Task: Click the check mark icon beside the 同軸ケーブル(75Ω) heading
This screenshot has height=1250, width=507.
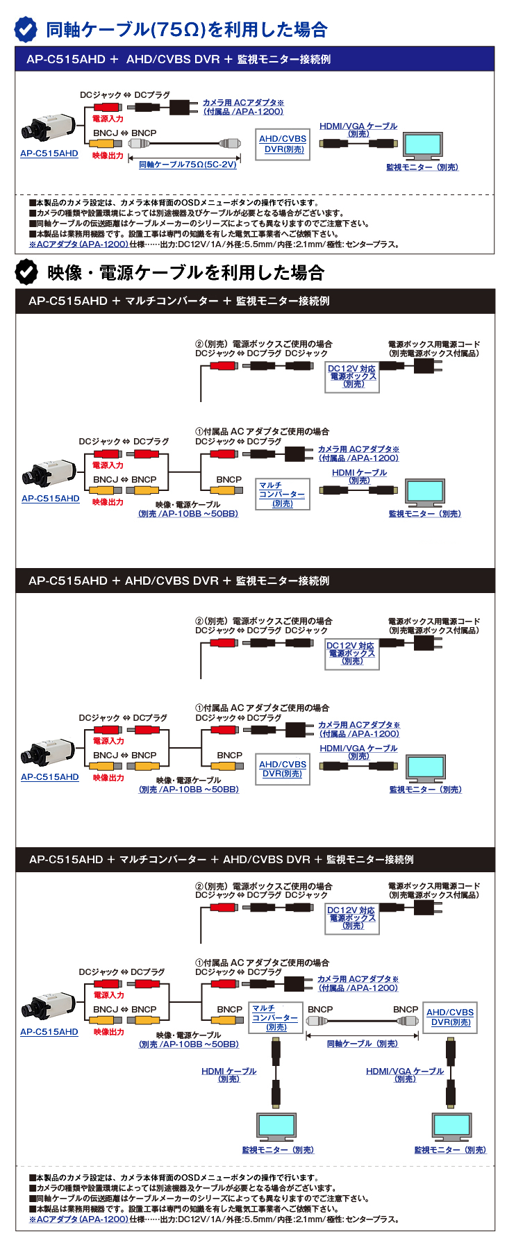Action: tap(26, 30)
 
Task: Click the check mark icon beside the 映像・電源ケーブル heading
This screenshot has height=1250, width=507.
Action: tap(26, 272)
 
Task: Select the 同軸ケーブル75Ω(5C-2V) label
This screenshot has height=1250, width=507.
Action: tap(188, 165)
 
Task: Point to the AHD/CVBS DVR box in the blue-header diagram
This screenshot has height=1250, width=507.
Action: tap(283, 144)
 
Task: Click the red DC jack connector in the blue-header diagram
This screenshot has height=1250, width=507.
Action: tap(107, 107)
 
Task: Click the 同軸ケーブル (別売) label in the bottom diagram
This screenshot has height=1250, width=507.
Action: tap(362, 1044)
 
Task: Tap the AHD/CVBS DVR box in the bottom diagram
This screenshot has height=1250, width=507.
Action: tap(450, 1017)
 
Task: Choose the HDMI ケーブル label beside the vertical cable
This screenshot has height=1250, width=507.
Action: tap(228, 1074)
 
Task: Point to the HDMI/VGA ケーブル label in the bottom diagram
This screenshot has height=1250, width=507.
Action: tap(405, 1074)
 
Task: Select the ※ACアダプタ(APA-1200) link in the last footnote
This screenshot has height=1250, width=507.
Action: tap(78, 1219)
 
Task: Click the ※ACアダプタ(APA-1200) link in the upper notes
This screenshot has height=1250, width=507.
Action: tap(78, 244)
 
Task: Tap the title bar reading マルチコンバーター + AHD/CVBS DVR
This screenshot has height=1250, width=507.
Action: tap(221, 859)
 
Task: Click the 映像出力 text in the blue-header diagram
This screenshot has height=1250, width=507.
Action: tap(108, 156)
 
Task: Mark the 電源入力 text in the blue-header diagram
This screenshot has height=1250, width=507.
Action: tap(108, 119)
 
